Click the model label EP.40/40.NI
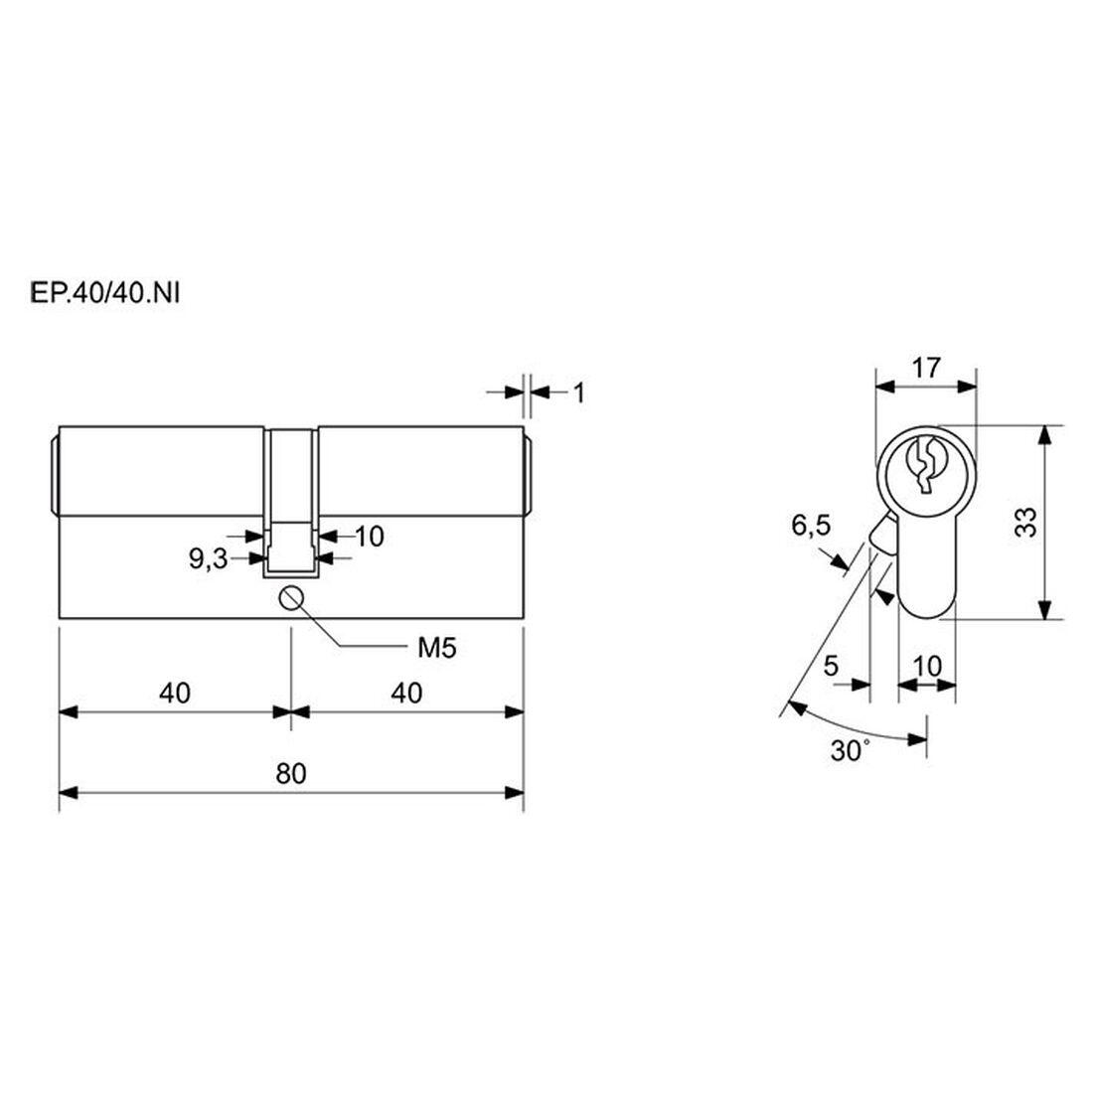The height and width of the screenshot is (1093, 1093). [x=104, y=294]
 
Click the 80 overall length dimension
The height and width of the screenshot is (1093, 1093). [x=291, y=774]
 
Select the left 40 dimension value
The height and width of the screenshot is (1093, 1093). [x=174, y=693]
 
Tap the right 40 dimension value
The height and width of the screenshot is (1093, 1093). [x=406, y=693]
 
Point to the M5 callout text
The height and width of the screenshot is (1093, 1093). [x=436, y=648]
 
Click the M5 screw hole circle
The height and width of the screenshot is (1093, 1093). [x=291, y=598]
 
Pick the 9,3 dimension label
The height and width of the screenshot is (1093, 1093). [x=209, y=559]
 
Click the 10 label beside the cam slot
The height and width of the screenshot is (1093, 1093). [x=370, y=537]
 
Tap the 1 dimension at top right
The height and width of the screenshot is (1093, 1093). [x=578, y=393]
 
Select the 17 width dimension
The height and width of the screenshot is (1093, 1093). [x=926, y=368]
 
